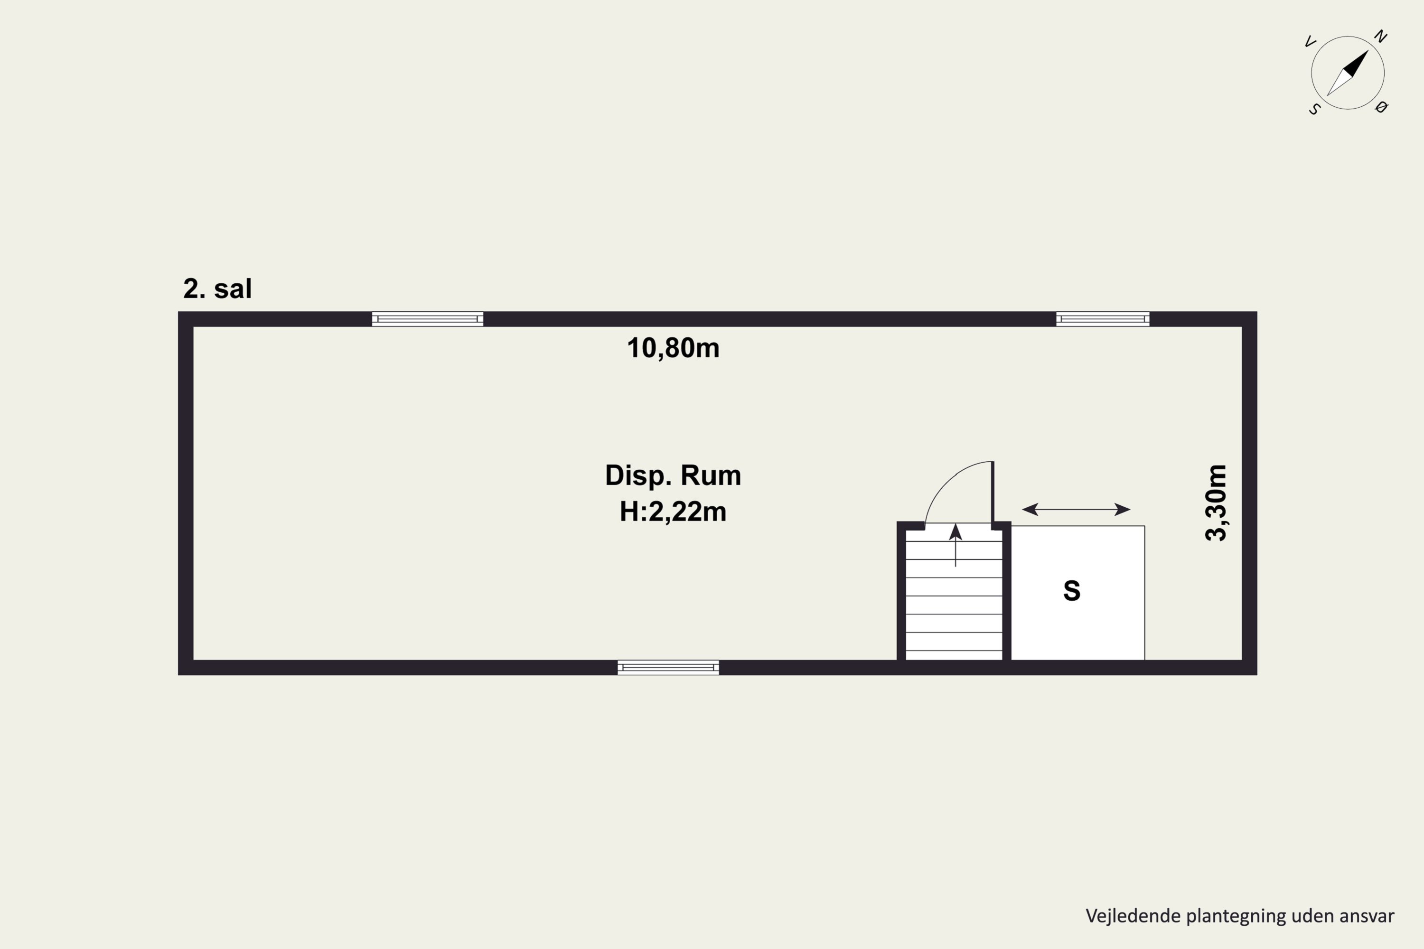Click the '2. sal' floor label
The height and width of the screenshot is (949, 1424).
point(217,288)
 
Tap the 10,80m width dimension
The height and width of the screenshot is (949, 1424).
point(673,348)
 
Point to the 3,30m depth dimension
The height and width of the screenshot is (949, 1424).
point(1216,502)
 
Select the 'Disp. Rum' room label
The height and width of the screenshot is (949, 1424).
point(673,476)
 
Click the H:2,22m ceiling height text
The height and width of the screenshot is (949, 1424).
point(673,512)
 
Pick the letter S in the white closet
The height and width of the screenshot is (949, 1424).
point(1072,591)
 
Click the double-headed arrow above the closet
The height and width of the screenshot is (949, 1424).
point(1076,510)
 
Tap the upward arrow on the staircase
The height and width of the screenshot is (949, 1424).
point(956,545)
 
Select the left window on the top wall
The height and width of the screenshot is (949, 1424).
point(428,319)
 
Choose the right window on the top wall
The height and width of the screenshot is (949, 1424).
point(1103,319)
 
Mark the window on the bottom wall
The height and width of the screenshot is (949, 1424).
point(668,668)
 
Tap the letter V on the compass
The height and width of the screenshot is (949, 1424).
point(1310,42)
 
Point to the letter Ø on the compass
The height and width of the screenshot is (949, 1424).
point(1381,108)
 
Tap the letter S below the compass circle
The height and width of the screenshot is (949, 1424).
point(1314,110)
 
